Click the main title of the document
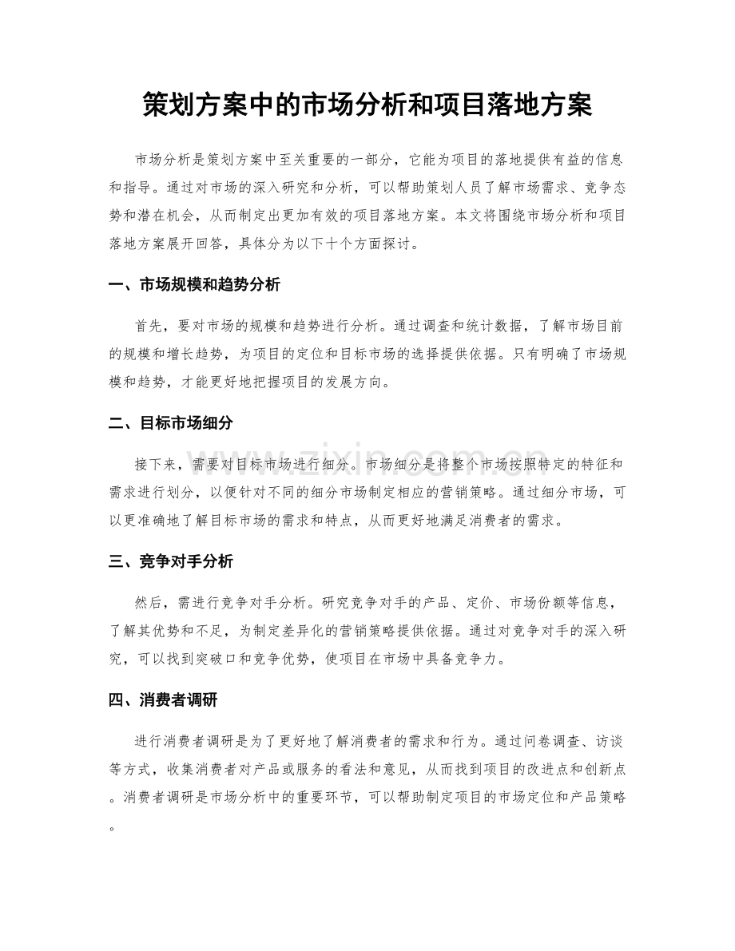(367, 104)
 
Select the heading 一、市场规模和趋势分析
(193, 285)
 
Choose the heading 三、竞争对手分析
(170, 562)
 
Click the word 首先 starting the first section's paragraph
(147, 326)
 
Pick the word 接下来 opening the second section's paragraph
(157, 464)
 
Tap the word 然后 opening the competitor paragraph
(147, 602)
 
